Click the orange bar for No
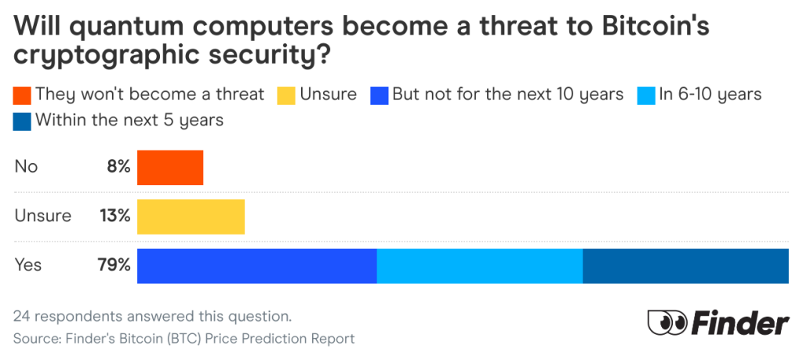[170, 167]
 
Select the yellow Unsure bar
[191, 216]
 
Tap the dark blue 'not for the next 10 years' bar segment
[257, 265]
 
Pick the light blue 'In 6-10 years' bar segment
[480, 265]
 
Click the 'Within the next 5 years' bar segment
[685, 265]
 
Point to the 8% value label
[118, 167]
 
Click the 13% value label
[114, 216]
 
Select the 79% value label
[114, 265]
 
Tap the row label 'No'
[26, 167]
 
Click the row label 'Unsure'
[43, 216]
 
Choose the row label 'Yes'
[28, 265]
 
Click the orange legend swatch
[22, 95]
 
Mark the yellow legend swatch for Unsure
[286, 95]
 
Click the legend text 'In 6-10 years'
[710, 95]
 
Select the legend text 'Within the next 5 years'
[129, 121]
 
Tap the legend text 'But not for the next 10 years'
[507, 95]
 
